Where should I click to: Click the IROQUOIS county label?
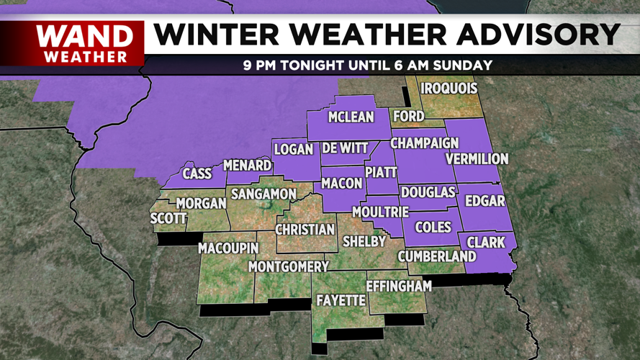[449, 89]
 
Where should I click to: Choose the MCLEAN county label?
[351, 117]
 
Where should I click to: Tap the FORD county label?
[408, 116]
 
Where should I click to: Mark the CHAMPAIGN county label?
[425, 143]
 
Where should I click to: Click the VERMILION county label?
[477, 158]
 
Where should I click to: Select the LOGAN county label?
[294, 150]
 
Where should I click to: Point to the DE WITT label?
[345, 148]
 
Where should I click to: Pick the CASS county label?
[197, 174]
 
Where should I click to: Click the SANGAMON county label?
[263, 194]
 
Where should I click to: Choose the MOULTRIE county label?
[380, 212]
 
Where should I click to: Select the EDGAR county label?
[485, 202]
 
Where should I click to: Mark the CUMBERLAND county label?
[441, 256]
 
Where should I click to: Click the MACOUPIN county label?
[228, 248]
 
